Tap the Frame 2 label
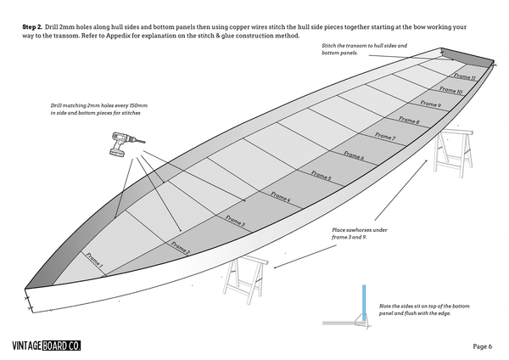pyautogui.click(x=180, y=247)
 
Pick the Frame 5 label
pyautogui.click(x=321, y=176)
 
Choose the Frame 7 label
pyautogui.click(x=384, y=136)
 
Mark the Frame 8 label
pyautogui.click(x=409, y=121)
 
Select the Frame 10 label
pyautogui.click(x=450, y=90)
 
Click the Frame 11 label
pyautogui.click(x=463, y=76)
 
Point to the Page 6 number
pyautogui.click(x=484, y=346)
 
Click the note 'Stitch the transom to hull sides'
pyautogui.click(x=365, y=48)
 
